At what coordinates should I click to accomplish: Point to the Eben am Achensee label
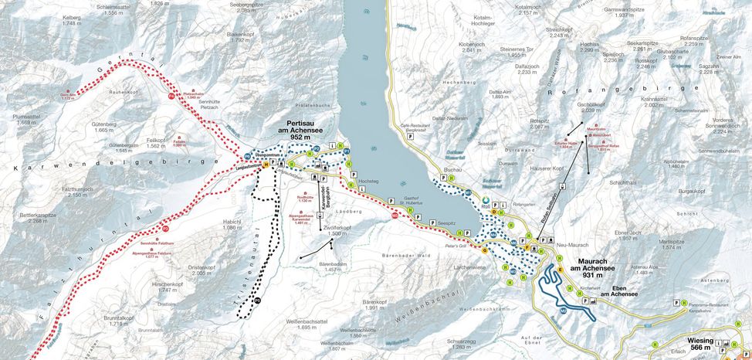coord(616,291)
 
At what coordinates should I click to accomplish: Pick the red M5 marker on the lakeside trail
coord(395,216)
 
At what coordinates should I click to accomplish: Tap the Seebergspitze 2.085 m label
coord(235,8)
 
